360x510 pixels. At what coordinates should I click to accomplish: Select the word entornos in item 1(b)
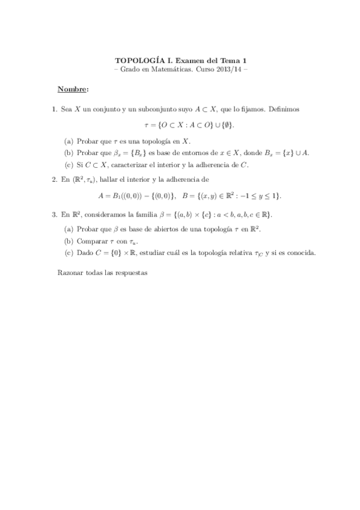[x=181, y=153]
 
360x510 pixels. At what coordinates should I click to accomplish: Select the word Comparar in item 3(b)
[x=90, y=241]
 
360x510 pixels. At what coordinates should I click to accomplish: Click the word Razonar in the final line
[x=70, y=272]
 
